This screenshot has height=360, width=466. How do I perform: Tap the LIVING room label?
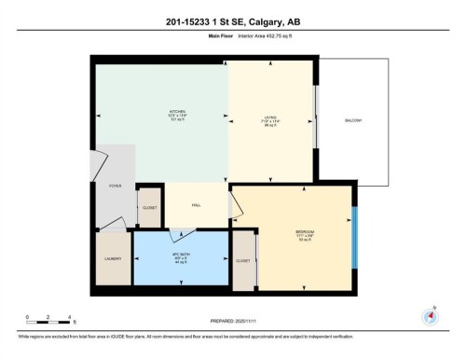[x=270, y=118]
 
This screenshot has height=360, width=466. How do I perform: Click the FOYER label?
[x=116, y=187]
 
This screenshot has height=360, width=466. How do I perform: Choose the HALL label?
[x=197, y=205]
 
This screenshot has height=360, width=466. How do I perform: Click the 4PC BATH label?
[x=181, y=256]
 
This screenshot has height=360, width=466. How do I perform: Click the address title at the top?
[x=232, y=23]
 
